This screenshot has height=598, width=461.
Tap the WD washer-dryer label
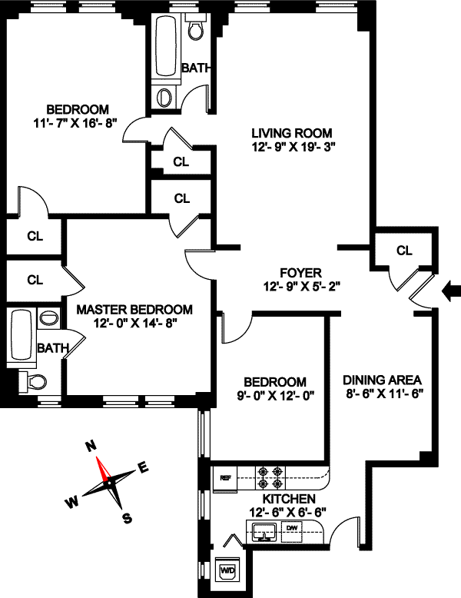(x=228, y=570)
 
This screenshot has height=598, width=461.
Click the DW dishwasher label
(x=292, y=528)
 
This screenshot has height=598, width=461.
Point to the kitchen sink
(x=264, y=530)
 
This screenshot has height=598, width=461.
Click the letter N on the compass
(x=90, y=446)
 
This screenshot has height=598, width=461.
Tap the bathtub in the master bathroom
(x=21, y=333)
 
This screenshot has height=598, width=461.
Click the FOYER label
(x=300, y=273)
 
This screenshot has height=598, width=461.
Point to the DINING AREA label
(x=383, y=380)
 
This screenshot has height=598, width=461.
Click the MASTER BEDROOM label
(x=134, y=310)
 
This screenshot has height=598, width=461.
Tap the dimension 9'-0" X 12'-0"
(x=274, y=396)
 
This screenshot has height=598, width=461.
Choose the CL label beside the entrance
(x=404, y=251)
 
